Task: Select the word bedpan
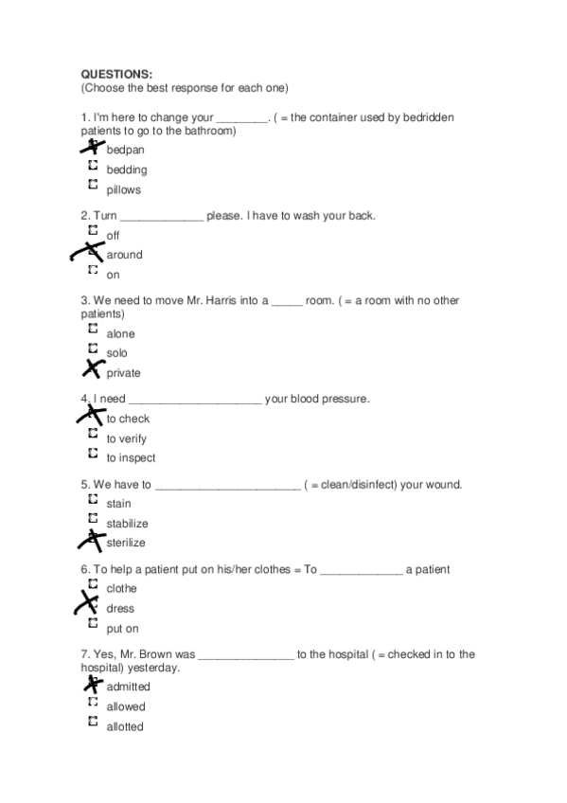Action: (x=125, y=151)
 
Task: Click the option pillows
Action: (x=123, y=190)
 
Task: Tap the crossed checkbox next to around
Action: (x=91, y=252)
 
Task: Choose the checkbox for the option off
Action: (x=93, y=230)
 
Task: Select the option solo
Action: (x=116, y=353)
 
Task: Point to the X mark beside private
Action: (x=93, y=369)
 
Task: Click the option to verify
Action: (x=126, y=438)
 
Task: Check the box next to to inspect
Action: (x=93, y=454)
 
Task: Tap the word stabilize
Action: (x=127, y=524)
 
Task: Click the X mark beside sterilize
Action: (x=92, y=541)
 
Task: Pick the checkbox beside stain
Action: (x=93, y=499)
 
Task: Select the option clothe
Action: (x=121, y=589)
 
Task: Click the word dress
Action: (x=120, y=609)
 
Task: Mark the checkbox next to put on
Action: (x=93, y=623)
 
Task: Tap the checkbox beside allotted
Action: (x=93, y=722)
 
